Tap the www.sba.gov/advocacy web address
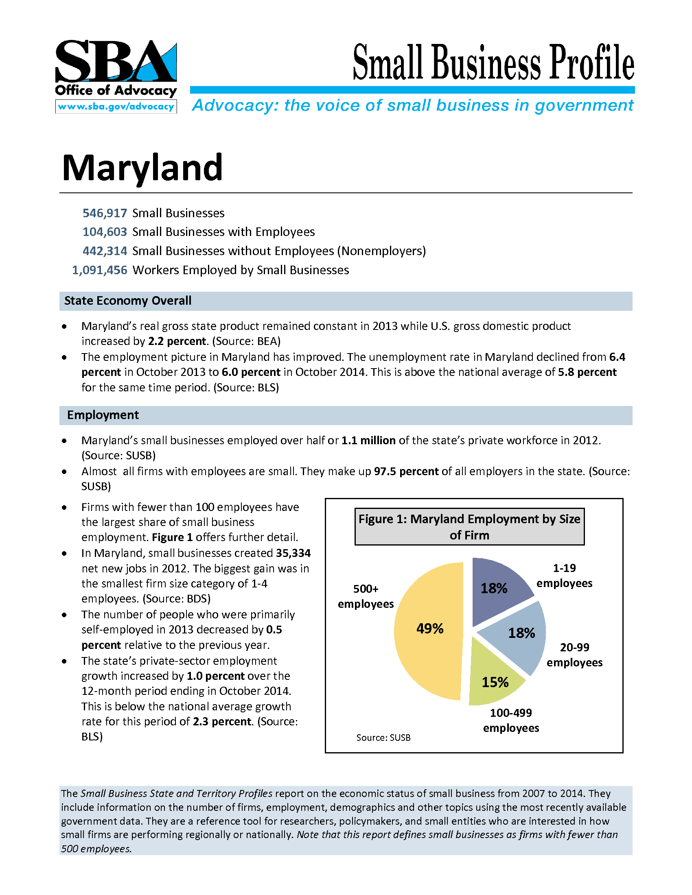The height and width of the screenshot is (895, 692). [x=116, y=107]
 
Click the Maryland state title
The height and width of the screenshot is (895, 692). [x=142, y=168]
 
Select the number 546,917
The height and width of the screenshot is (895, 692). [x=105, y=213]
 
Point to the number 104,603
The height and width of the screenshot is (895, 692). [x=105, y=232]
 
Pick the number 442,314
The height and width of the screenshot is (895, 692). [x=105, y=251]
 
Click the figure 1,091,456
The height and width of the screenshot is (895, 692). [x=100, y=270]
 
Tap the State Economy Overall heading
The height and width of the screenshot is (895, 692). [x=127, y=301]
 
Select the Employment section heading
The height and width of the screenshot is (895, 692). [x=103, y=415]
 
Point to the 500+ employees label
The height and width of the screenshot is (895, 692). [x=366, y=596]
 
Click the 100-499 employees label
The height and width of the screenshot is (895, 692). [x=511, y=720]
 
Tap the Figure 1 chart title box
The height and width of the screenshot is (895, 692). [x=469, y=526]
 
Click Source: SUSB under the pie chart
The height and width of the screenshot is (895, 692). [x=383, y=738]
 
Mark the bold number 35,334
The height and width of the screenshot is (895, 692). [x=293, y=553]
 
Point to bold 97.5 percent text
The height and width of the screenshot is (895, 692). [x=406, y=471]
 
